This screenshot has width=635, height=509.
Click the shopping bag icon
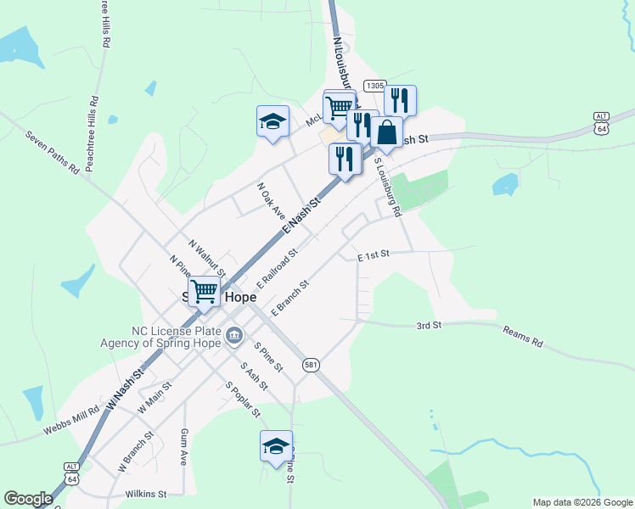point(387,133)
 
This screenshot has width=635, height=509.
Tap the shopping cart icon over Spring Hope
point(205,292)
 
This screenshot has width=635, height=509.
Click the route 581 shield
point(312,364)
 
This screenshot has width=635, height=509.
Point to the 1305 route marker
point(374,87)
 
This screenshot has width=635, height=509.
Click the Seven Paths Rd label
point(52,151)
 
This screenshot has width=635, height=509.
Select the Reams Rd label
point(522,337)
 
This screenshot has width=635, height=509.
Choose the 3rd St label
point(429,325)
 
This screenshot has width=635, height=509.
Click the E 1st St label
point(373,255)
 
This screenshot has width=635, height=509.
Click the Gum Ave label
point(183,447)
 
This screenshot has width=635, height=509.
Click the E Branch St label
point(289,298)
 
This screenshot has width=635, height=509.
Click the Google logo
point(28,499)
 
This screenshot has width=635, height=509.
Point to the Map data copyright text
point(582,502)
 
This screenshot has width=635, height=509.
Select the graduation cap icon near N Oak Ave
point(273,122)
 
